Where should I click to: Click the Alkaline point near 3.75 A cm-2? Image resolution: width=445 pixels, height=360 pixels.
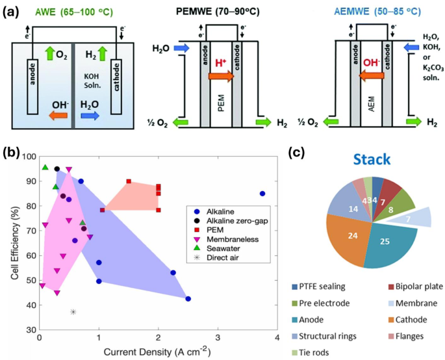pyautogui.click(x=262, y=194)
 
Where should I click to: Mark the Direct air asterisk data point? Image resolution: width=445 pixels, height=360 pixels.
pyautogui.click(x=73, y=312)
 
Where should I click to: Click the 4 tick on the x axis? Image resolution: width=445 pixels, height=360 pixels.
pyautogui.click(x=277, y=338)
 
